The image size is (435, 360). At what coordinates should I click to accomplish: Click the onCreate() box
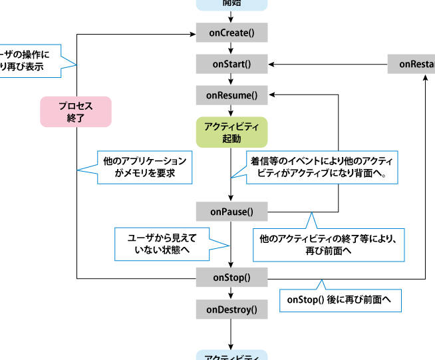tap(231, 32)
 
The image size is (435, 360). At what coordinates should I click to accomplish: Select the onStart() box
tap(231, 64)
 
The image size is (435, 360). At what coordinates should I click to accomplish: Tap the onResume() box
tap(231, 96)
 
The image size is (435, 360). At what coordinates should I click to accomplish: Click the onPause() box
tap(231, 212)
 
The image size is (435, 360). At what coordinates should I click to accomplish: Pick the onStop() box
tap(231, 277)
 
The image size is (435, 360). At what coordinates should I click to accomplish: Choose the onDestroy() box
tap(231, 309)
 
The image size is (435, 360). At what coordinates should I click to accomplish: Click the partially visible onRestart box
tap(412, 64)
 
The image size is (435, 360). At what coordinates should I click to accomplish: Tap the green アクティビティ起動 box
tap(231, 132)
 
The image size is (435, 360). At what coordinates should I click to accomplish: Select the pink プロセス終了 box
tap(75, 111)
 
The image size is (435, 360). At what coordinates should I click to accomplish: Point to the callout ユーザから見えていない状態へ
tap(162, 244)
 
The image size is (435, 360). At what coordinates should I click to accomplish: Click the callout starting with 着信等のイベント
tap(322, 167)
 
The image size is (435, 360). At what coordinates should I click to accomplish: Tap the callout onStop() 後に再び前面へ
tap(340, 300)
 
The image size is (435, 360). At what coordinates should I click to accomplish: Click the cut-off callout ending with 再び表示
tap(29, 61)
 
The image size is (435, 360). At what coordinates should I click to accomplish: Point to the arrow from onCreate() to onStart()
tap(231, 48)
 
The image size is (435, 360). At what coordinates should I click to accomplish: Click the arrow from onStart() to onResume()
tap(231, 80)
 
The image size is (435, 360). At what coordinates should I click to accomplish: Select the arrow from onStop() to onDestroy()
tap(231, 293)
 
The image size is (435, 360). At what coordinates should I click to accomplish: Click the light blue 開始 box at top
tap(231, 4)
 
